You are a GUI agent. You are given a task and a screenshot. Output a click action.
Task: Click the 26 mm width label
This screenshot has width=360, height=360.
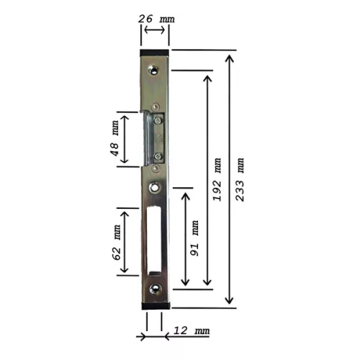(156, 19)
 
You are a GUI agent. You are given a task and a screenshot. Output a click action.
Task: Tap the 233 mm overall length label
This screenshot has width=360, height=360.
(240, 179)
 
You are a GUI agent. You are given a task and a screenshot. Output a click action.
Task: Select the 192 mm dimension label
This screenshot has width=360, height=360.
(217, 179)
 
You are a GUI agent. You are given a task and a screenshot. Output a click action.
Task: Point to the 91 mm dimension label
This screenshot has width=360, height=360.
(194, 238)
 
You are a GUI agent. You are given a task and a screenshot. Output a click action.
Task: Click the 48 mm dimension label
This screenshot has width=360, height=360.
(114, 138)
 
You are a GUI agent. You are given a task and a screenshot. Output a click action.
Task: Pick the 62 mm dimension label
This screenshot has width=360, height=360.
(116, 243)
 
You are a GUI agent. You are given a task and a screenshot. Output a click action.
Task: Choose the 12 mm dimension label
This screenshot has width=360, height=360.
(192, 330)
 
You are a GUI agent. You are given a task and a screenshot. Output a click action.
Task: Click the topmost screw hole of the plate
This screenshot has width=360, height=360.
(153, 70)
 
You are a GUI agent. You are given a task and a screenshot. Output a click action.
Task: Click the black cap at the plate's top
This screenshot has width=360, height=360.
(155, 53)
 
